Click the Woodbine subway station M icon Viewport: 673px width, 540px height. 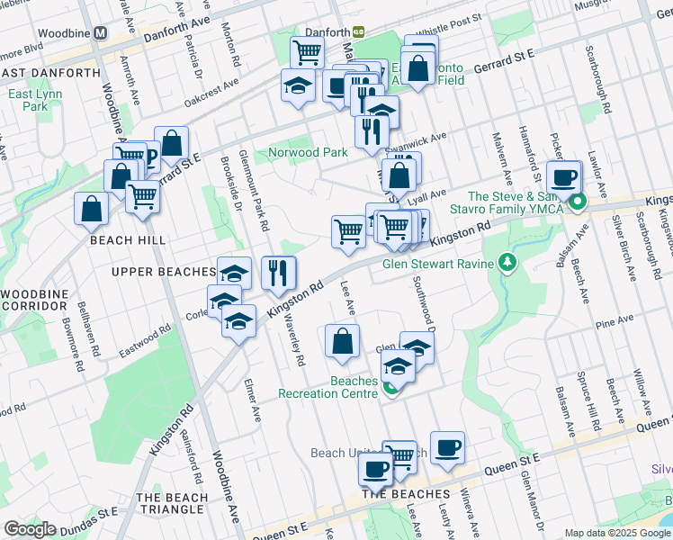click(102, 32)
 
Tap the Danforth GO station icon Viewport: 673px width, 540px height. click(358, 31)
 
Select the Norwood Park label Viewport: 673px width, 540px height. click(308, 152)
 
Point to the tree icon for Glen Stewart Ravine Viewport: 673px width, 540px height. click(508, 263)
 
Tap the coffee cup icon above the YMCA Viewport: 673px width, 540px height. click(563, 176)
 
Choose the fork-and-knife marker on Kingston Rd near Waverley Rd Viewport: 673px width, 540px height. click(278, 272)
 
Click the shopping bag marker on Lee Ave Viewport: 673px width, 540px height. click(342, 341)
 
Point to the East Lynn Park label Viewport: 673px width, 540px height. click(28, 100)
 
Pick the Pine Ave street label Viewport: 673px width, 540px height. click(615, 321)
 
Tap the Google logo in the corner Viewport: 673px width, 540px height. click(30, 529)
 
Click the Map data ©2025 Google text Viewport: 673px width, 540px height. click(616, 533)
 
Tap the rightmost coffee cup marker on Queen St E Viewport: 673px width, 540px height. click(447, 448)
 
